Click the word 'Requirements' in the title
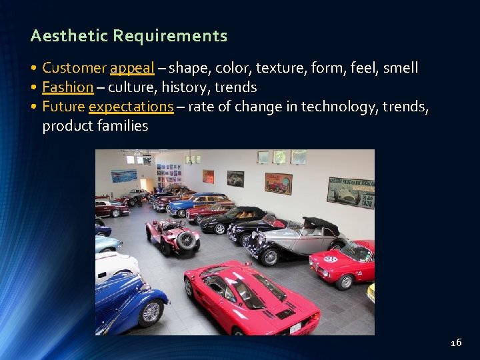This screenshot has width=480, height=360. click(170, 36)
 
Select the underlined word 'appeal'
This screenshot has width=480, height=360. click(132, 68)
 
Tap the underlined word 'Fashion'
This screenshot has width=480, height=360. click(67, 87)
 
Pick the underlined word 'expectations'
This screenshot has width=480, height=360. click(131, 107)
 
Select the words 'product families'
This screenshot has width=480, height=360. click(95, 126)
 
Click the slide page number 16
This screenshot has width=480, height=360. click(456, 343)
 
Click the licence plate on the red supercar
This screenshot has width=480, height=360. click(295, 327)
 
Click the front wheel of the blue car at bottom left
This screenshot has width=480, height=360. click(151, 311)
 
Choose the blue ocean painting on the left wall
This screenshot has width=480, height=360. click(124, 176)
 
